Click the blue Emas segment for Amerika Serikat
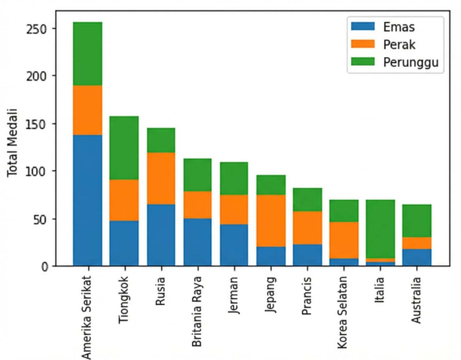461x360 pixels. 88,200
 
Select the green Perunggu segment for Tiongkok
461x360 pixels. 124,148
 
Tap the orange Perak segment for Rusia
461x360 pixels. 161,178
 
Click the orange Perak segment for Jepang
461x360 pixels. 270,221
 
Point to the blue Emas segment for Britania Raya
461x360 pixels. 197,242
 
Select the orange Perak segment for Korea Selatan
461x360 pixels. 343,240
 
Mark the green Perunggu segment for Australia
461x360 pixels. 416,221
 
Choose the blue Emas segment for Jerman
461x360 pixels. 234,245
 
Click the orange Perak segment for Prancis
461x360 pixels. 307,228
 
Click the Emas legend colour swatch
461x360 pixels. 362,27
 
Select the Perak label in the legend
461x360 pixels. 399,45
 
